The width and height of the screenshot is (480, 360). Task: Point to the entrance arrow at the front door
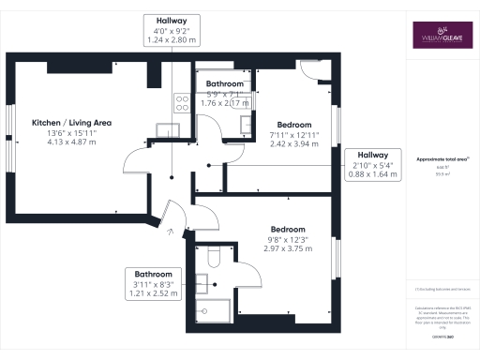click(x=170, y=230)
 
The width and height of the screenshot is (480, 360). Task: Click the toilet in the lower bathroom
click(x=212, y=256)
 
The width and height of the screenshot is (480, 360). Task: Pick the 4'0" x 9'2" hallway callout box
click(x=170, y=31)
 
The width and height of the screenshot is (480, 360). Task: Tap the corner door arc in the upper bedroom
click(x=312, y=68)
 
